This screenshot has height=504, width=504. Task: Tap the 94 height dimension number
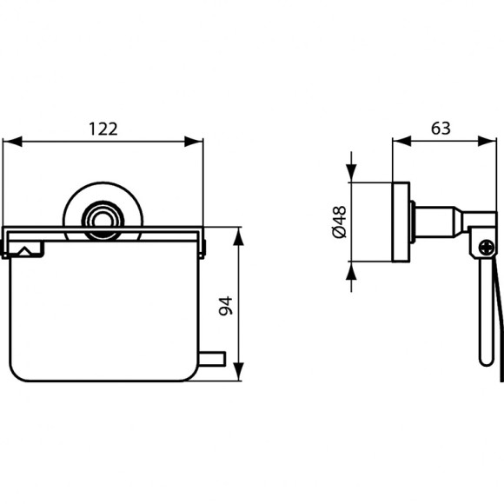pos(224,306)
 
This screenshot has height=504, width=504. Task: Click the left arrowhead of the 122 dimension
pos(9,141)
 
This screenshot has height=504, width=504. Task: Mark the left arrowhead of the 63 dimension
pos(399,141)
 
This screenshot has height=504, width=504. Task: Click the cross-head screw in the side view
pos(485,247)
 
